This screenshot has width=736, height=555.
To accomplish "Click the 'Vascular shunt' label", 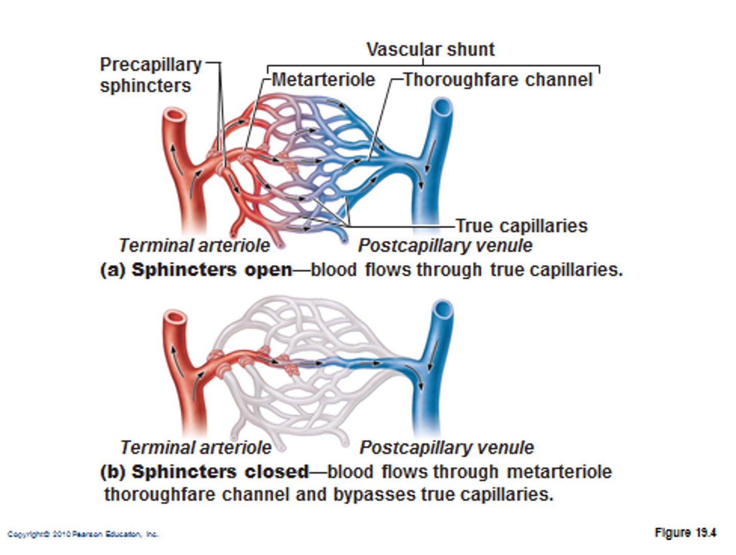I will click(430, 49).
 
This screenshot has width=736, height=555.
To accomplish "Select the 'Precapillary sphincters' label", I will click(150, 75).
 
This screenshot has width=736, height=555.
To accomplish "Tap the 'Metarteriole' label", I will click(323, 80).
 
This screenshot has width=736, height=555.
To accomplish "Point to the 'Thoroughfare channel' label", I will click(497, 80).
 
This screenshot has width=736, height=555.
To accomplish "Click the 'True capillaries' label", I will click(521, 226).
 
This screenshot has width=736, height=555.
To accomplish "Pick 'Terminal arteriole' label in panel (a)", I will click(194, 246).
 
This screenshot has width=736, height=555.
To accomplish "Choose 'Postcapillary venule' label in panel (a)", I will click(445, 246).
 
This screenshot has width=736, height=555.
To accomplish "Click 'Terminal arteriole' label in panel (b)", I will click(196, 448).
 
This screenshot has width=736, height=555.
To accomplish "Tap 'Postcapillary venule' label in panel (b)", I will click(447, 448).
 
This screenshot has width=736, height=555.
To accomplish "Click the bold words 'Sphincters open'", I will click(212, 270).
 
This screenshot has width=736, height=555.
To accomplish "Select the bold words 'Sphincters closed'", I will click(220, 472).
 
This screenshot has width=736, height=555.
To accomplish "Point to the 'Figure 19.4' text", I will click(685, 532).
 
